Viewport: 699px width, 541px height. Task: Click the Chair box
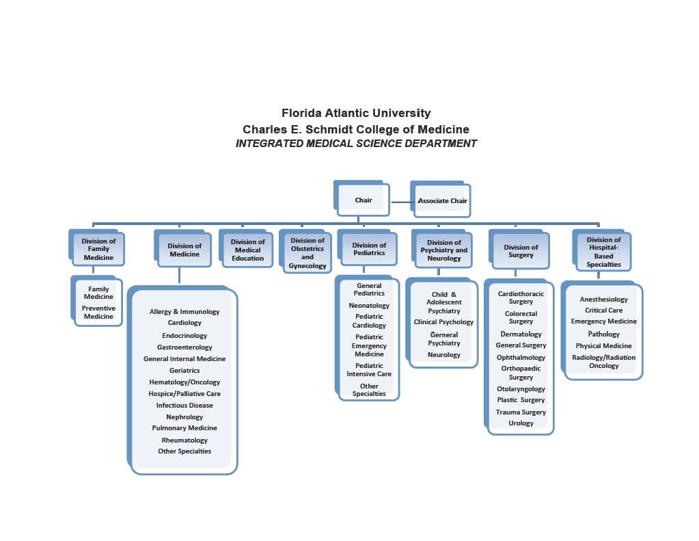click(x=364, y=200)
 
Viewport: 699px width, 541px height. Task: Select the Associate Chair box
click(x=442, y=200)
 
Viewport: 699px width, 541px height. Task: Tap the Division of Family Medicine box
click(x=98, y=249)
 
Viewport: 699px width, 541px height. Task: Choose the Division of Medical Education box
click(x=247, y=250)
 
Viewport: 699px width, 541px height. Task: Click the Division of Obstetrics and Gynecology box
click(x=307, y=253)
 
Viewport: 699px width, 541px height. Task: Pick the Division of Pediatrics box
click(x=368, y=250)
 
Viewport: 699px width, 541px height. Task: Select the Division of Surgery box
click(x=521, y=251)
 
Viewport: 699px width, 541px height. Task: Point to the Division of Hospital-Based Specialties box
click(x=603, y=252)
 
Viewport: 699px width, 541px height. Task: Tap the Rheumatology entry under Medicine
click(x=184, y=440)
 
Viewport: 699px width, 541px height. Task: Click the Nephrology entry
click(x=184, y=417)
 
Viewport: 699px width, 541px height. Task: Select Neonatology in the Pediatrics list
click(x=369, y=306)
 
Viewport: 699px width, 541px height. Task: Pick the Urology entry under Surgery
click(x=521, y=423)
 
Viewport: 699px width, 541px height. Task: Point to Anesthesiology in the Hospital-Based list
click(x=603, y=299)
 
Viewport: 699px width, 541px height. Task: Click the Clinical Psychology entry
click(x=443, y=321)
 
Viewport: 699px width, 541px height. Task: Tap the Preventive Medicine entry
click(x=98, y=312)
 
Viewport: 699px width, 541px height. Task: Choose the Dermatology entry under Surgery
click(x=521, y=334)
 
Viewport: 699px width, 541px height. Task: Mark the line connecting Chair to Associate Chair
click(x=401, y=202)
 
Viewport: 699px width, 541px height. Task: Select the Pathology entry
click(x=603, y=334)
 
